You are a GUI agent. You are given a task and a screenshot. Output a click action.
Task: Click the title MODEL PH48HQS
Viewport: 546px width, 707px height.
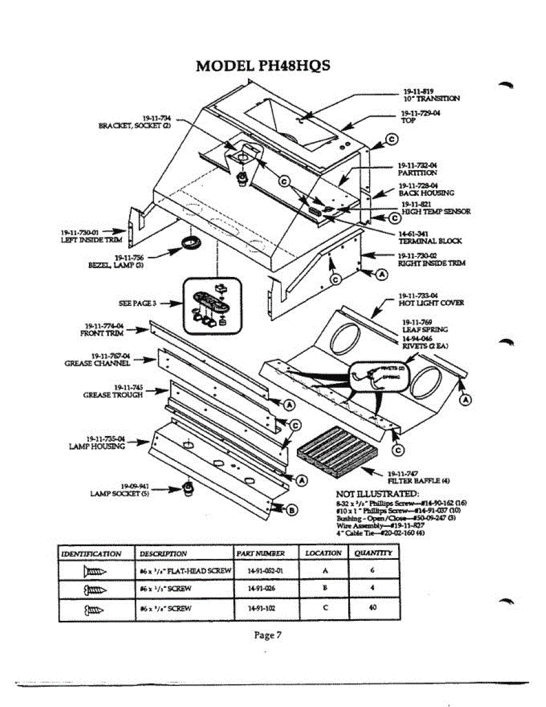pos(263,66)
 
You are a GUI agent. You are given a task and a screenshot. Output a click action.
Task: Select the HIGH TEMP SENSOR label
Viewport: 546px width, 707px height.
pos(436,212)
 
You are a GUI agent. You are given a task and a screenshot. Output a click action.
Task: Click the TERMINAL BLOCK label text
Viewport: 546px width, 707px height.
pos(430,241)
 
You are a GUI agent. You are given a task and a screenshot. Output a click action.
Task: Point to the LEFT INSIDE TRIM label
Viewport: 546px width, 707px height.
pos(91,240)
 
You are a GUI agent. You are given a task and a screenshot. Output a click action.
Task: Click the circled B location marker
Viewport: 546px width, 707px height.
pos(292,510)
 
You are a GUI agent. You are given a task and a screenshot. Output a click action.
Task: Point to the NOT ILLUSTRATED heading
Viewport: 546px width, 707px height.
pos(377,493)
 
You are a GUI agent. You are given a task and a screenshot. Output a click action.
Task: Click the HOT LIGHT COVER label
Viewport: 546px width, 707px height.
pos(431,303)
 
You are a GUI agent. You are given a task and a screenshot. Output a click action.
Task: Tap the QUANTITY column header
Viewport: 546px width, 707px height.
pos(373,553)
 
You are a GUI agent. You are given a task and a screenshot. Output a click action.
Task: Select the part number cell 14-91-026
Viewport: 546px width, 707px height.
pos(260,588)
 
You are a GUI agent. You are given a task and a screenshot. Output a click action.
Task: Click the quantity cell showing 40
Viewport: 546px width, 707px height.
pos(372,607)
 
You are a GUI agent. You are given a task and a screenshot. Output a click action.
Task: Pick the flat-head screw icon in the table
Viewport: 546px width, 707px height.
pos(95,570)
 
